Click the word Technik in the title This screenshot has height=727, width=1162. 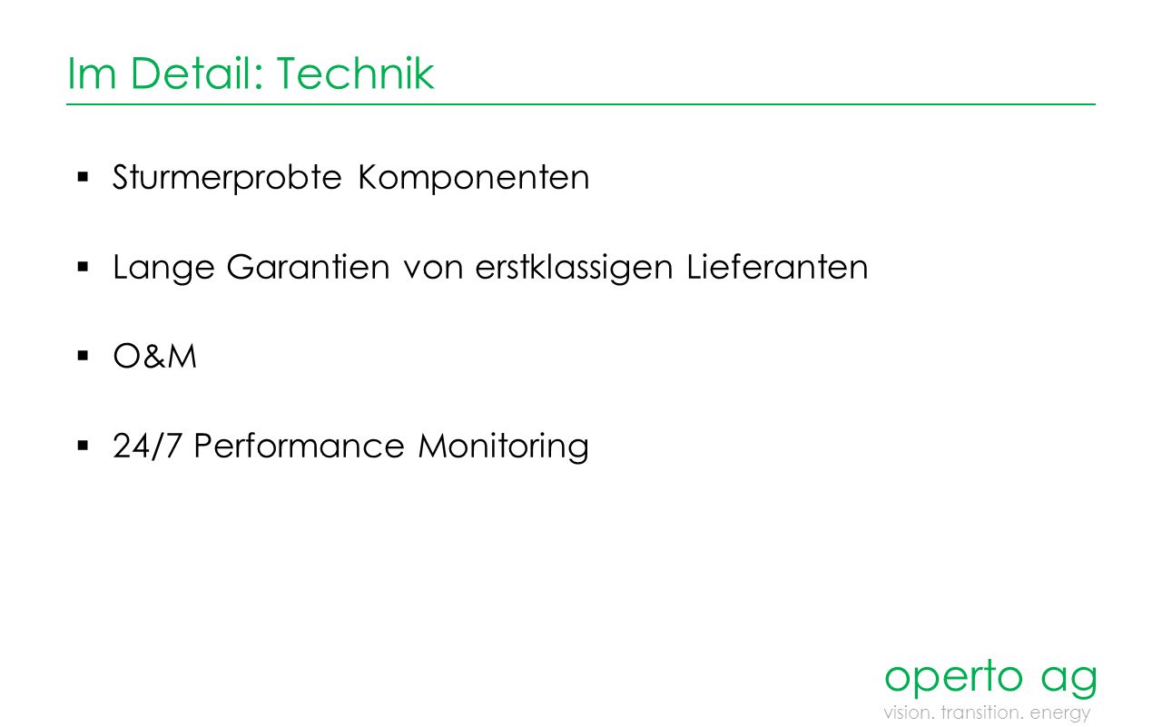[x=355, y=74]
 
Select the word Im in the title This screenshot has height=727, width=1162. [x=92, y=74]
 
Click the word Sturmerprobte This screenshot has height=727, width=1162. [x=227, y=178]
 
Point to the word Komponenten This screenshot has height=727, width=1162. [x=474, y=178]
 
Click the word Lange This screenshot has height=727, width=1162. [x=163, y=268]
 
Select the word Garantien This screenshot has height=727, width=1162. [x=308, y=267]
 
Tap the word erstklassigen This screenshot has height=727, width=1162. [x=574, y=268]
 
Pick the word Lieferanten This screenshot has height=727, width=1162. [x=777, y=267]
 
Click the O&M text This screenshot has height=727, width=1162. [x=154, y=357]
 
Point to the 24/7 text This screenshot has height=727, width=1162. [x=147, y=446]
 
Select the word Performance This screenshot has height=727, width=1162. [x=299, y=446]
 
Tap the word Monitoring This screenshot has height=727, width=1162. [x=503, y=447]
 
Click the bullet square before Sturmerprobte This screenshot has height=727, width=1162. [x=83, y=177]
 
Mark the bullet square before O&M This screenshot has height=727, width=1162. [x=83, y=356]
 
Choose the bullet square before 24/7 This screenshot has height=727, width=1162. [x=83, y=446]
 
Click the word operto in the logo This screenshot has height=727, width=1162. [x=953, y=677]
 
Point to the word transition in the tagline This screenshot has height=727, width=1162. [x=982, y=712]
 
